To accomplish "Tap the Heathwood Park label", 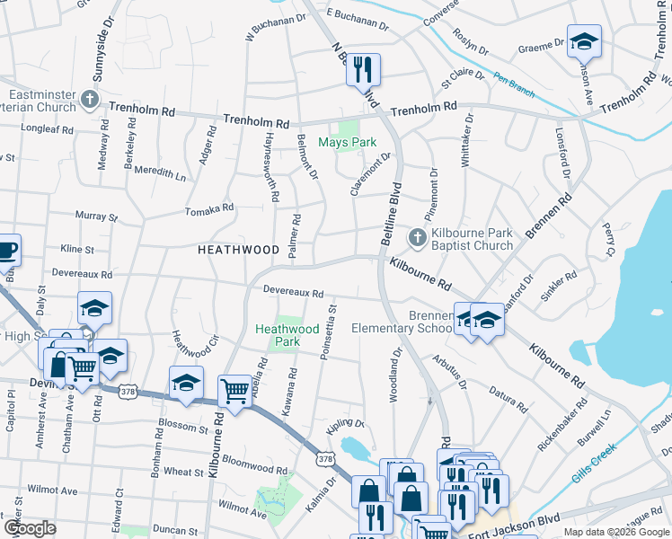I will (287, 335).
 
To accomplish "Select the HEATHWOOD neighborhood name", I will (239, 250).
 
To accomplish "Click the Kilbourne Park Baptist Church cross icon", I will (417, 238).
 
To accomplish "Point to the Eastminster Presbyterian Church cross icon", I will (89, 97).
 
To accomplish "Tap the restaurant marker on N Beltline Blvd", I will (364, 69).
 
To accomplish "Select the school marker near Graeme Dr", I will (584, 41).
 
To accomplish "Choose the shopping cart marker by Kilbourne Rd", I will (234, 391).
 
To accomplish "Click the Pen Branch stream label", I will (513, 85).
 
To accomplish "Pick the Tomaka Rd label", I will (208, 208).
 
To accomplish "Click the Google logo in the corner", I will (30, 528).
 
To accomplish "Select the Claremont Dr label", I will (372, 172).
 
